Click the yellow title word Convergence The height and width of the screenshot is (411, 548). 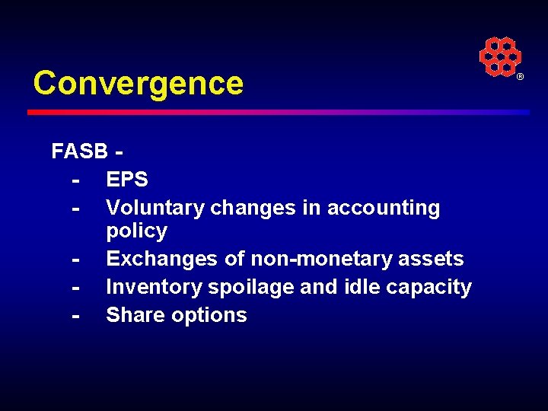point(138,83)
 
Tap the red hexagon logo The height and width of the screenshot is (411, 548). point(499,57)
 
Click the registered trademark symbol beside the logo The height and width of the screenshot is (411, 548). point(521,78)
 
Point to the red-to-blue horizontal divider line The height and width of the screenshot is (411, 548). point(278,112)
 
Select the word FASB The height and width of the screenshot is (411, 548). point(79,151)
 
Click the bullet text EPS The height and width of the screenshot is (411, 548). point(127,180)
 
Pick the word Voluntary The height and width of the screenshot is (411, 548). point(155,208)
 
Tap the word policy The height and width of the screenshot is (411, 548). point(136,231)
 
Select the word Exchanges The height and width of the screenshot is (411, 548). point(162,259)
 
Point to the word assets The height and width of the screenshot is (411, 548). point(431,259)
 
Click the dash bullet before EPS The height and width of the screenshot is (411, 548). point(75,180)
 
